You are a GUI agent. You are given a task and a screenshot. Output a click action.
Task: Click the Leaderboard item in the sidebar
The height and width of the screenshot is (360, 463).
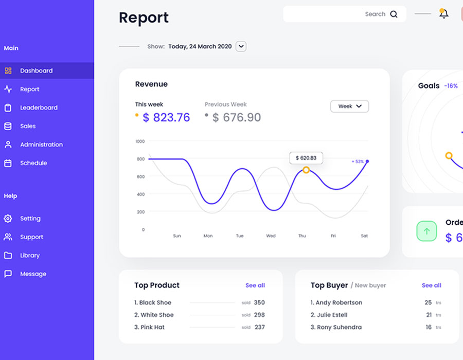pos(39,107)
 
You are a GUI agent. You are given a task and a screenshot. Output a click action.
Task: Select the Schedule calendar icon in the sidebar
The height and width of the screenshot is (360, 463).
pos(8,163)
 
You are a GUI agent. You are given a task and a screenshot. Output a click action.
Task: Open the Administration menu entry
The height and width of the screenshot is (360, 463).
pos(41,145)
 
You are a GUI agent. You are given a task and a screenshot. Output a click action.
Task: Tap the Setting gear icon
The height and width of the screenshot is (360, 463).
pos(8,219)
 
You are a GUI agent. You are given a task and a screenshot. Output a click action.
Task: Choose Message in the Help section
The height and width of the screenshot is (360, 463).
pos(33,274)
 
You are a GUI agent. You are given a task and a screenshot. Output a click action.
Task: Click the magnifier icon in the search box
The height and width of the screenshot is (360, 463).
pos(394,14)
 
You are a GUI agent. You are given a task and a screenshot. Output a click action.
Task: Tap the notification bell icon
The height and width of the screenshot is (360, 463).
pos(443,14)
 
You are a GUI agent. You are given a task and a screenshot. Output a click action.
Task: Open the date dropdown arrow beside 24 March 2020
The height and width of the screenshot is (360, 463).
pos(241,46)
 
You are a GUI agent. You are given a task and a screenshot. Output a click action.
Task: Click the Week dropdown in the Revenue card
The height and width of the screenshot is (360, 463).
pos(349,106)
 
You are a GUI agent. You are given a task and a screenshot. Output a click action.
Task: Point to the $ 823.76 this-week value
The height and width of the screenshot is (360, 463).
pos(166,118)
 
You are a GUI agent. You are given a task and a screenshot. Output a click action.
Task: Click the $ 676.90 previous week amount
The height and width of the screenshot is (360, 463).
pos(236,118)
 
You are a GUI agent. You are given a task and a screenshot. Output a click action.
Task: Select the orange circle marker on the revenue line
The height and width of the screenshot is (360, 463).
pos(306,170)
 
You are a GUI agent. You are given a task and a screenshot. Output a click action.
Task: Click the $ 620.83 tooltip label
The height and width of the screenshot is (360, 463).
pos(306,158)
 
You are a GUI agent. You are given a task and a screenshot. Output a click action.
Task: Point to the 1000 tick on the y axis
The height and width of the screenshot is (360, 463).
pos(140,141)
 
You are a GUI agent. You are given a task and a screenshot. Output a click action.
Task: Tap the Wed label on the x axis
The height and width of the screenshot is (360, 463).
pos(271,236)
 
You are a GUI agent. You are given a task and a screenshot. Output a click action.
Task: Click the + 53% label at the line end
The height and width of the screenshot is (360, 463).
pos(358,161)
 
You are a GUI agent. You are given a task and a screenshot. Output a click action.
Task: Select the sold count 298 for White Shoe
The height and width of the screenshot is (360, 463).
pos(259,315)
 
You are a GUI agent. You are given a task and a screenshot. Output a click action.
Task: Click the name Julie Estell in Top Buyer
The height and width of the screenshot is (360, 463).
pos(332,315)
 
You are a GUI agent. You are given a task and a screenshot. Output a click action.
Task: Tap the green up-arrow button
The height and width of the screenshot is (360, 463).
pos(426,231)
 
